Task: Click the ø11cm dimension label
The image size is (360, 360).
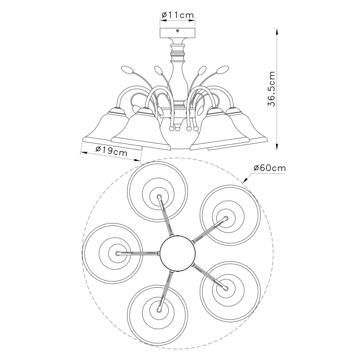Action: pyautogui.click(x=178, y=15)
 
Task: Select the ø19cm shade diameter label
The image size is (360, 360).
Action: pyautogui.click(x=111, y=151)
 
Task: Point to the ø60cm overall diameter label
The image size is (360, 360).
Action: pyautogui.click(x=270, y=168)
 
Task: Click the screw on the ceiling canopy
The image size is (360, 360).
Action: pyautogui.click(x=177, y=31)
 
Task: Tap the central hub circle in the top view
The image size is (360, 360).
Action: pyautogui.click(x=178, y=253)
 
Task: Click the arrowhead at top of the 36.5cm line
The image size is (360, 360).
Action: pyautogui.click(x=277, y=31)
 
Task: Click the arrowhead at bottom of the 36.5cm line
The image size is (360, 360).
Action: pyautogui.click(x=277, y=147)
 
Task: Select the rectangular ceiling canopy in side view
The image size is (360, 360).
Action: pyautogui.click(x=177, y=33)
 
